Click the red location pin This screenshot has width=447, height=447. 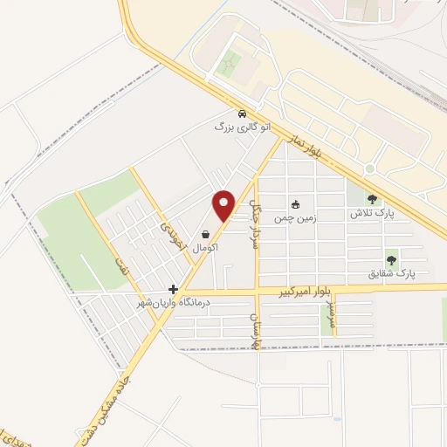click(x=224, y=204)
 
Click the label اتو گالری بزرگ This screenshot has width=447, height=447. click(x=243, y=127)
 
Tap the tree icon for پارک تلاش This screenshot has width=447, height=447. click(x=374, y=199)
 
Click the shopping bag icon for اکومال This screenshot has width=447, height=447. click(x=205, y=234)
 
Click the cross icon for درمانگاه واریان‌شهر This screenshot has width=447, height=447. click(x=174, y=289)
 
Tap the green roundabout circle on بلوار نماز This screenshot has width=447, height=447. click(x=370, y=168)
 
